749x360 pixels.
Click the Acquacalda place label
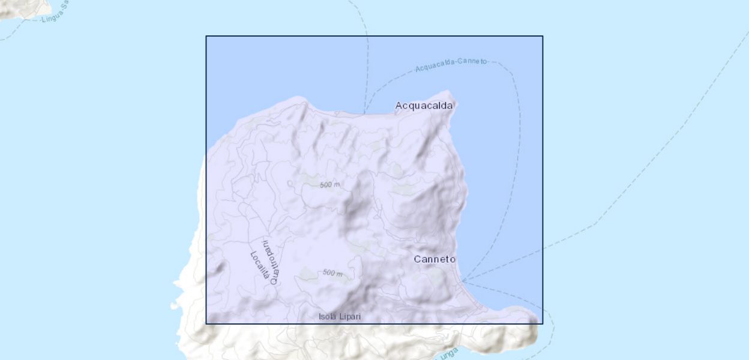tap(424, 106)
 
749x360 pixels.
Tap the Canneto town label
tap(435, 259)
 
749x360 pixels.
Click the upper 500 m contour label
tap(329, 185)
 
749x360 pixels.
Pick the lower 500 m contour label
tap(332, 273)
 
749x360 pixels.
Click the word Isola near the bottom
tap(328, 316)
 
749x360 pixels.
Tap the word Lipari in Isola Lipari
tap(350, 316)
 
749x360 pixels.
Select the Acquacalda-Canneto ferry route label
tap(452, 65)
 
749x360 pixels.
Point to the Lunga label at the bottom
tap(449, 354)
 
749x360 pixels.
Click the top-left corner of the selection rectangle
tap(206, 36)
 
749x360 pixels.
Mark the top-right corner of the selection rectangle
tap(543, 36)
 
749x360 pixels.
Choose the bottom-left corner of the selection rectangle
tap(206, 324)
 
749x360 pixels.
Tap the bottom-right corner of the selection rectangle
tap(543, 324)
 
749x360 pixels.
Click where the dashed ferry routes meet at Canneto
tap(463, 280)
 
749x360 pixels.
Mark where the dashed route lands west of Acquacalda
tap(365, 112)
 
